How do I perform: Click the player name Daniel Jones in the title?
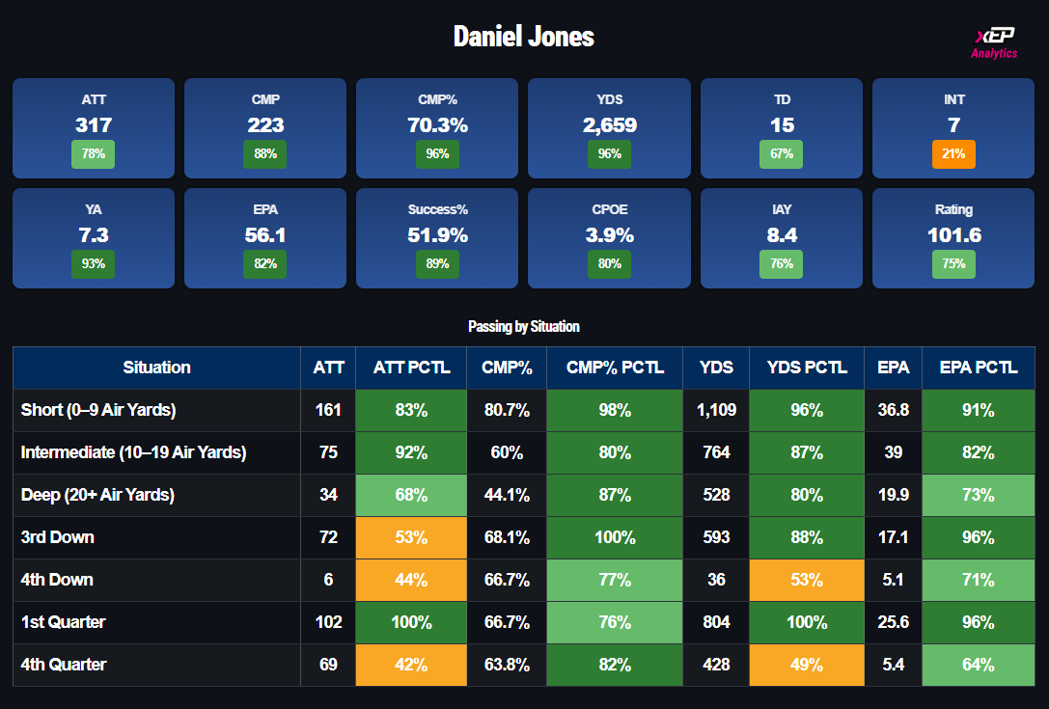click(524, 37)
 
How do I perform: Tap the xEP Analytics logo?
click(994, 42)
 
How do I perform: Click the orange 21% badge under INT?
click(954, 154)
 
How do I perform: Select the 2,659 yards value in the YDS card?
click(610, 125)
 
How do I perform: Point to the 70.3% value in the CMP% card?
click(437, 125)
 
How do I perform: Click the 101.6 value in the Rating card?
click(953, 235)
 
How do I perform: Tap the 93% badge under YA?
click(94, 264)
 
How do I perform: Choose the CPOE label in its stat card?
click(610, 209)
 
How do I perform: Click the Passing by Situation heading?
click(524, 327)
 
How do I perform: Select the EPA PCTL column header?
click(979, 368)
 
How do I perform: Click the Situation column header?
click(156, 368)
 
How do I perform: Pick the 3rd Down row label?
click(58, 537)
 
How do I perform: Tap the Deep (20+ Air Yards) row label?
click(97, 495)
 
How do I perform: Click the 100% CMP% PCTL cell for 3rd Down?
click(615, 537)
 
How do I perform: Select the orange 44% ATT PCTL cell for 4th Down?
click(411, 580)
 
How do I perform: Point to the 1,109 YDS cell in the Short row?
click(716, 410)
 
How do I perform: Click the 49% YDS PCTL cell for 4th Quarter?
click(807, 665)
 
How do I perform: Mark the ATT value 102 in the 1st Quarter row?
click(328, 622)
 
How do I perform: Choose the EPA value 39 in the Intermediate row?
click(893, 452)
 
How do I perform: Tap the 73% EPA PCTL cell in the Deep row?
click(979, 495)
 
